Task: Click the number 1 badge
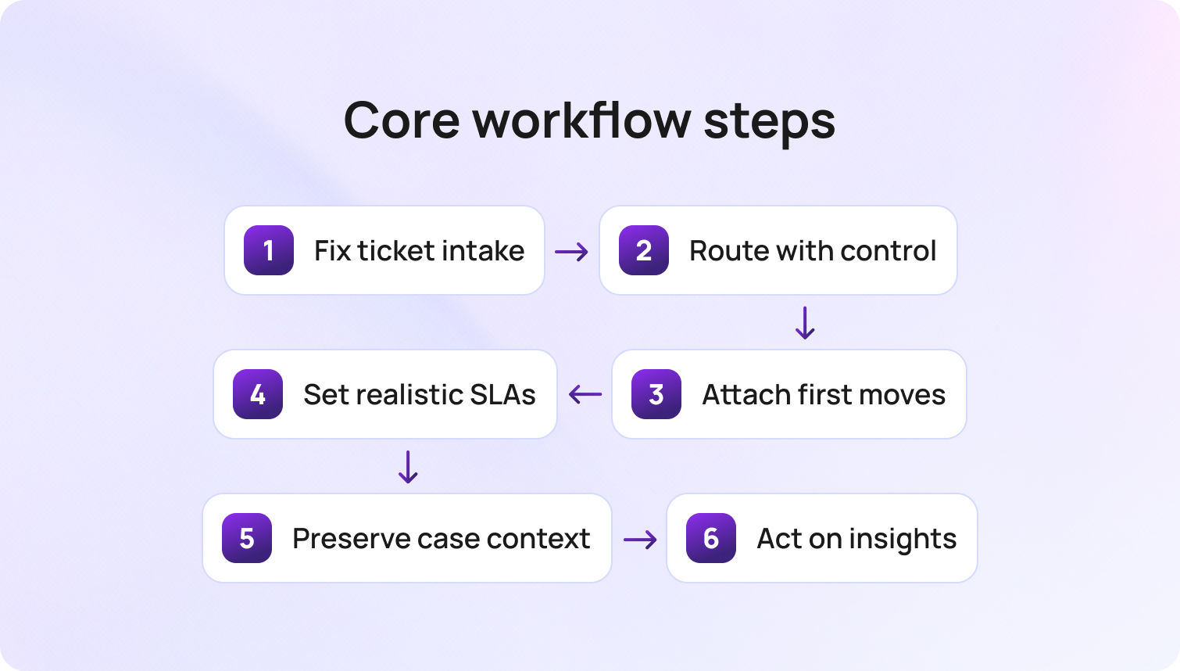pyautogui.click(x=268, y=250)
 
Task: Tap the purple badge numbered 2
pyautogui.click(x=643, y=250)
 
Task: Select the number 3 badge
pyautogui.click(x=656, y=394)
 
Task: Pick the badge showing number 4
pyautogui.click(x=257, y=394)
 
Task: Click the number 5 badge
pyautogui.click(x=246, y=538)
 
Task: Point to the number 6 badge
pyautogui.click(x=710, y=538)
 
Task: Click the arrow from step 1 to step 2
pyautogui.click(x=571, y=251)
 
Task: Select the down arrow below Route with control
pyautogui.click(x=805, y=322)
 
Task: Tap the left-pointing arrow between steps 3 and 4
pyautogui.click(x=585, y=394)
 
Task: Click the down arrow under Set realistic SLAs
pyautogui.click(x=408, y=466)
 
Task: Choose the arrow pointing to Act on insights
pyautogui.click(x=640, y=539)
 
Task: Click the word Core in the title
pyautogui.click(x=402, y=120)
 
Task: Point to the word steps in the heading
pyautogui.click(x=769, y=122)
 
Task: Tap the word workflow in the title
pyautogui.click(x=582, y=120)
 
